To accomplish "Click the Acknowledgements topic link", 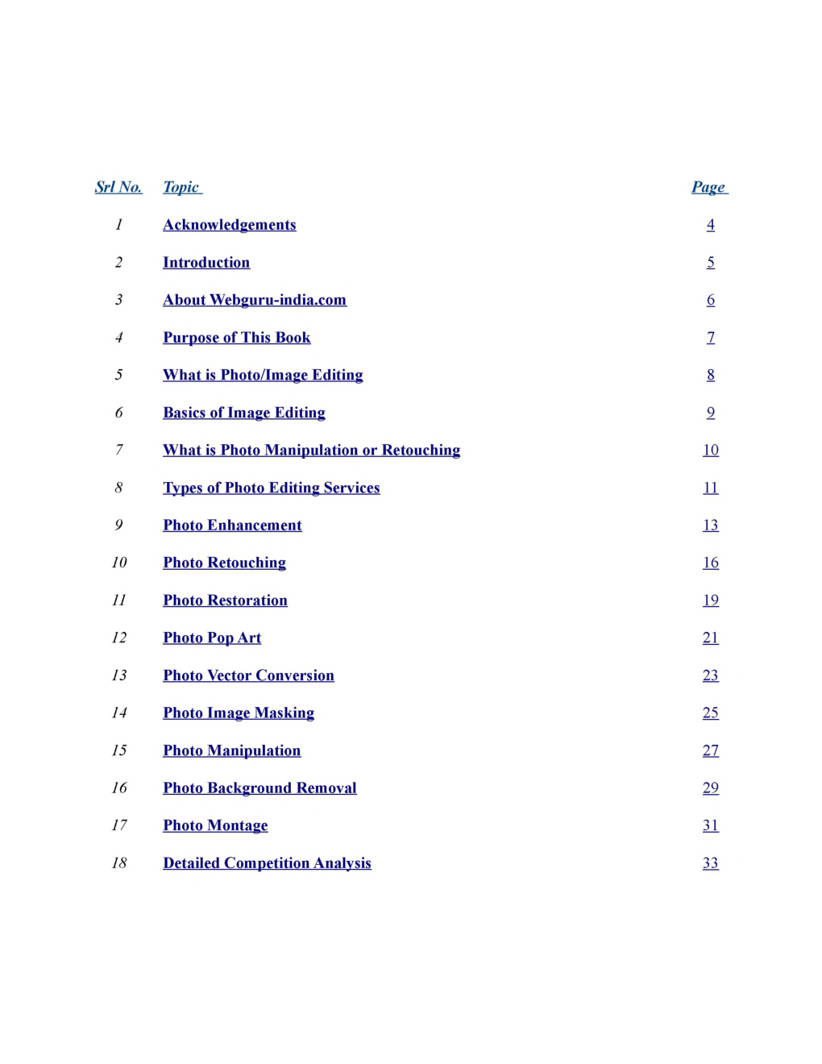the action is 229,225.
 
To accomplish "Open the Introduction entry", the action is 206,263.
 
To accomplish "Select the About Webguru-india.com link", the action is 255,300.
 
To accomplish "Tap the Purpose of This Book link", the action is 236,338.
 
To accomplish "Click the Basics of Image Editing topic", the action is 243,413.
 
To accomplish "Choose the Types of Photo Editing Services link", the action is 271,488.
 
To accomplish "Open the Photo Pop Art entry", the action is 212,638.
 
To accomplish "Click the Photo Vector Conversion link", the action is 248,675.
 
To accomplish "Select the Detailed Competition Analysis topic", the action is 267,863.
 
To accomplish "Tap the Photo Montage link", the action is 215,825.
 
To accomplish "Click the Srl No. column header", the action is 118,187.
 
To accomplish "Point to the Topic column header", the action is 181,187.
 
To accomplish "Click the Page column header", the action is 708,187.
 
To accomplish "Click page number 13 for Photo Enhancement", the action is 710,526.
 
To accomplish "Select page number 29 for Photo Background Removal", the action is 710,788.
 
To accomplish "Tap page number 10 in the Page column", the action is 710,451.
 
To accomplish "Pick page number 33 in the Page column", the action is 710,863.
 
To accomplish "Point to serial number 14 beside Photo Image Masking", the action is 119,713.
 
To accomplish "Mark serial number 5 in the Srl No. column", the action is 119,375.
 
